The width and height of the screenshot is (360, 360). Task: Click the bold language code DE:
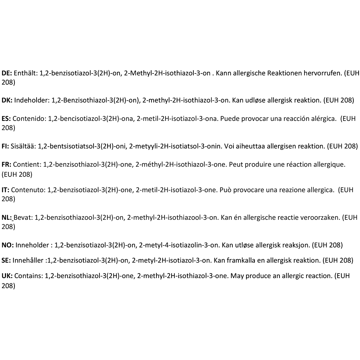click(7, 73)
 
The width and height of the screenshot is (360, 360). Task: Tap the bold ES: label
click(6, 119)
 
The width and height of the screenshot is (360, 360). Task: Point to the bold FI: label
click(5, 146)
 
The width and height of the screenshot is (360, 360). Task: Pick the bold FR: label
click(6, 164)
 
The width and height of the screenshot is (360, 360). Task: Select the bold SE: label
click(6, 261)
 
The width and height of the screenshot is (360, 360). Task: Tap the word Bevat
click(23, 218)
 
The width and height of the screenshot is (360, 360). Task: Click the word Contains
click(28, 276)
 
